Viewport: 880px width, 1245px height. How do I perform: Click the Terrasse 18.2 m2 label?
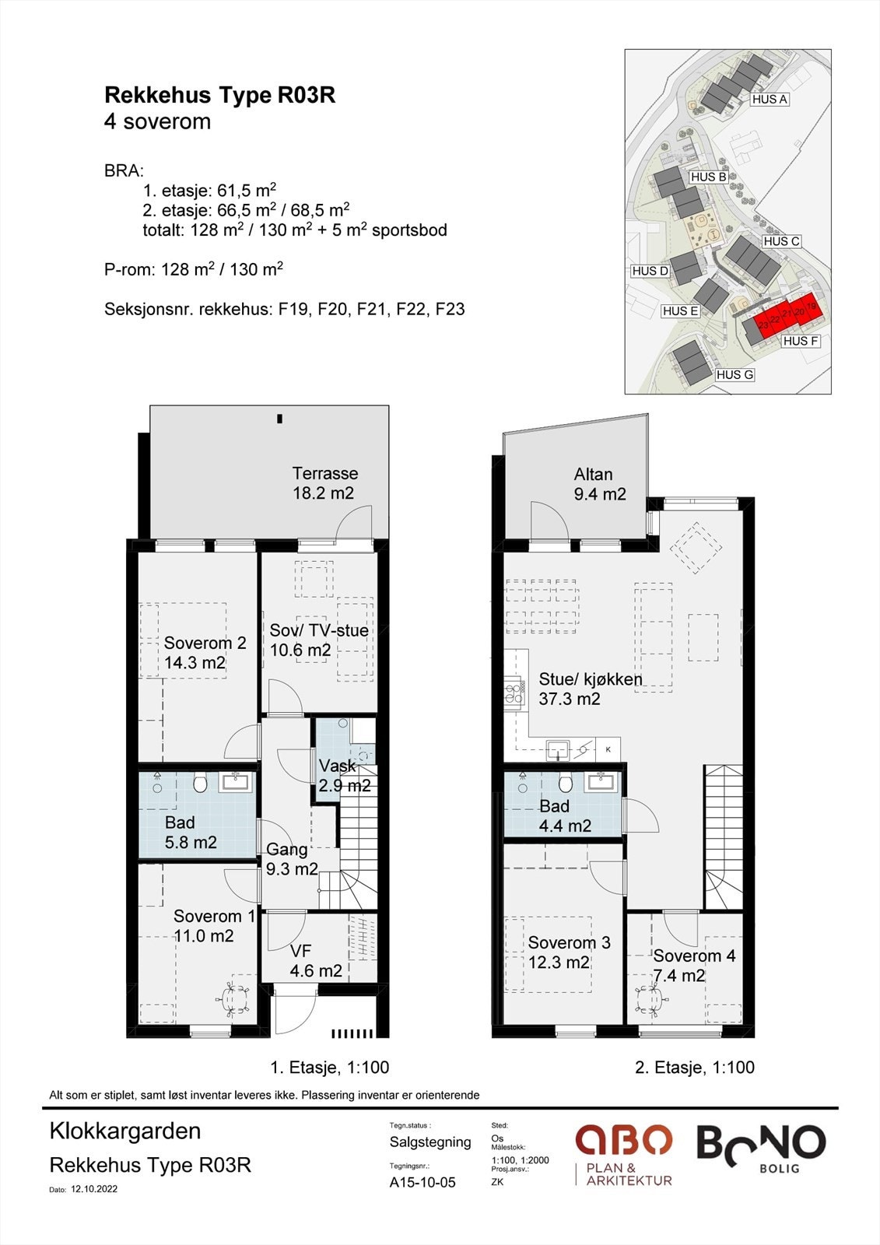[x=324, y=483]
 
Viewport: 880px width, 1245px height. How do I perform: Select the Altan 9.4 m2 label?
[x=599, y=483]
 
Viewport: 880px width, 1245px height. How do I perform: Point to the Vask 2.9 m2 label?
[x=344, y=775]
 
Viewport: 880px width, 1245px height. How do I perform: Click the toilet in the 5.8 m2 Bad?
[x=200, y=784]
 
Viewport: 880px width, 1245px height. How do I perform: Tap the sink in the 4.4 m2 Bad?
[x=601, y=782]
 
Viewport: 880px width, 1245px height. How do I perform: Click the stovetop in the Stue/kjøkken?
[x=514, y=693]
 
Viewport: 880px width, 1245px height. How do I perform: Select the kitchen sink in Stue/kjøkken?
[x=558, y=749]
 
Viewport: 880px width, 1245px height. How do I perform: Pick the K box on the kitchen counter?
[x=608, y=749]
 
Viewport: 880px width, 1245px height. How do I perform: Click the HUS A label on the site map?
[x=770, y=100]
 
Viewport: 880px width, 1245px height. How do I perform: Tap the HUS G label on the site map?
[x=735, y=374]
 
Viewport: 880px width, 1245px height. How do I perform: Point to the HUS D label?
[x=650, y=271]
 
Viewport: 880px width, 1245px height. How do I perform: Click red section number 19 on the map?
[x=811, y=307]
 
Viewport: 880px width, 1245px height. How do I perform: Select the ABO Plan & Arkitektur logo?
[x=624, y=1154]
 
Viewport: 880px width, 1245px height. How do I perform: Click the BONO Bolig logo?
[x=761, y=1149]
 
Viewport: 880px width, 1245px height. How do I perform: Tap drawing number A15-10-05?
[x=422, y=1182]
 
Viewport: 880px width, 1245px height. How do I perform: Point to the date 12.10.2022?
[x=94, y=1190]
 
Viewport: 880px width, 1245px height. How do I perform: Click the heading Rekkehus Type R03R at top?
[x=220, y=96]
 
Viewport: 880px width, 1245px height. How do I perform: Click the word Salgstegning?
[x=430, y=1142]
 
